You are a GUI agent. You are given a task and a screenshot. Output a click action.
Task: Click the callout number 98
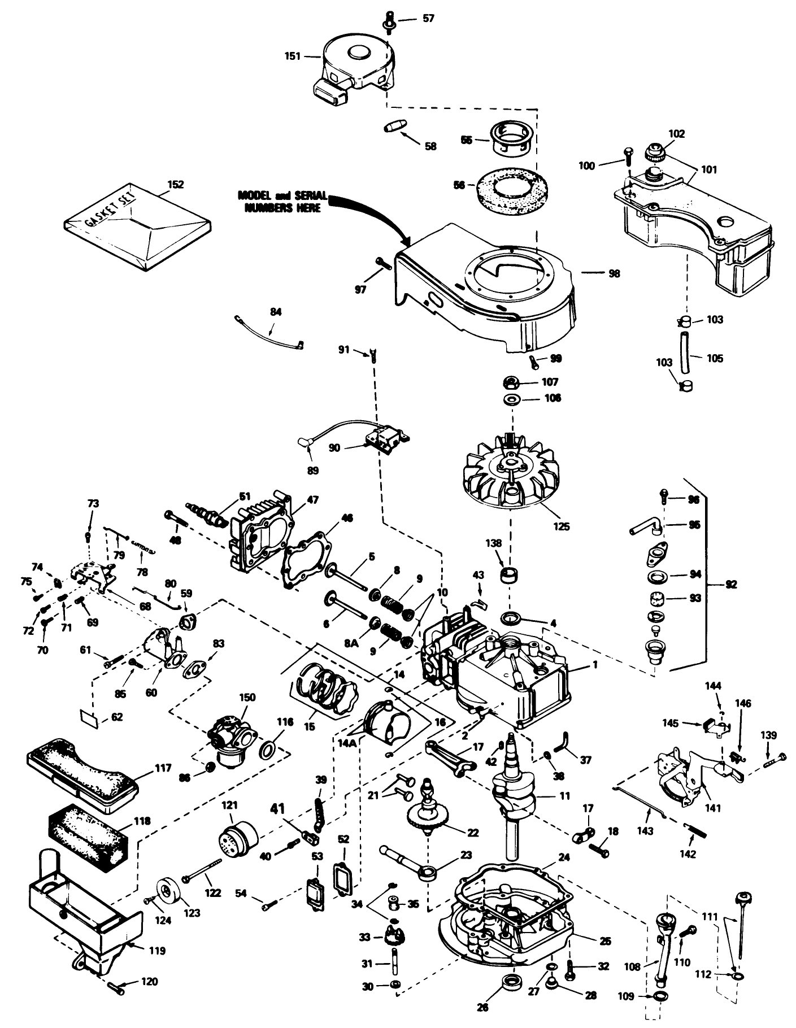[614, 273]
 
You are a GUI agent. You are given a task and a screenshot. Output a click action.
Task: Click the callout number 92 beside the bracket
[730, 585]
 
